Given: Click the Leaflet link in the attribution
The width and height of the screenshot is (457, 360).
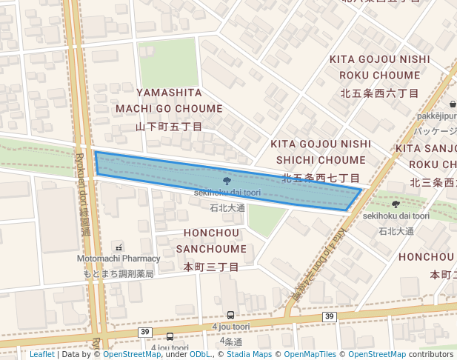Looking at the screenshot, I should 41,354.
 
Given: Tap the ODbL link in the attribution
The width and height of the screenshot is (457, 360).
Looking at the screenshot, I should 200,354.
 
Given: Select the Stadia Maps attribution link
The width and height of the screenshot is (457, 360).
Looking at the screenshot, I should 247,354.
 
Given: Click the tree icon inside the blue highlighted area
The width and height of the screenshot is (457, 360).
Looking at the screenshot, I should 226,180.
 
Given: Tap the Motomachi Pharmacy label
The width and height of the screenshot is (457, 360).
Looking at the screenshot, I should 119,259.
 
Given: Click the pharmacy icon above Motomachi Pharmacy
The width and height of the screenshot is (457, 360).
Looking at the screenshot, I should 119,247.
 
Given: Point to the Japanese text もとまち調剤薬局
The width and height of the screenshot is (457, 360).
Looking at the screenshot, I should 119,273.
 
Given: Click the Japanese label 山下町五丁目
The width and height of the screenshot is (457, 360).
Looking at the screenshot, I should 169,127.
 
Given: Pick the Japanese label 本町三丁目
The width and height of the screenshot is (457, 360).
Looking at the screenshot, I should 211,267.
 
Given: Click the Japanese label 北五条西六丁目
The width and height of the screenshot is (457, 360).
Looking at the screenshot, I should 380,93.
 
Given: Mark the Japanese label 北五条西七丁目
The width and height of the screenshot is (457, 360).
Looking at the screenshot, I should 321,179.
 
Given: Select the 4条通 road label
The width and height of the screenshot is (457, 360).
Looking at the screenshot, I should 231,341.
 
